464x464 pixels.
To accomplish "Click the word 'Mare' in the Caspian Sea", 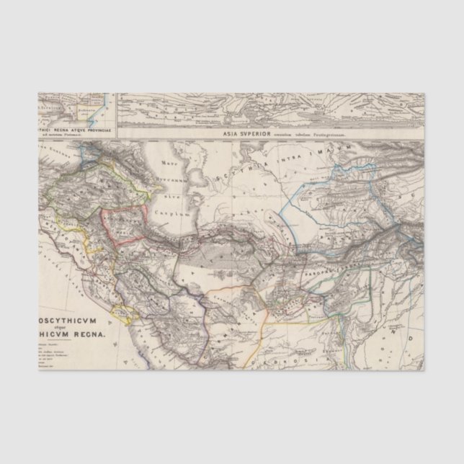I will tap(170, 164).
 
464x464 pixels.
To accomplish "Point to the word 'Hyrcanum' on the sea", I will tap(171, 182).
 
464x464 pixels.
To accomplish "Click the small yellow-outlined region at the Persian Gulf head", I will tap(122, 313).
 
